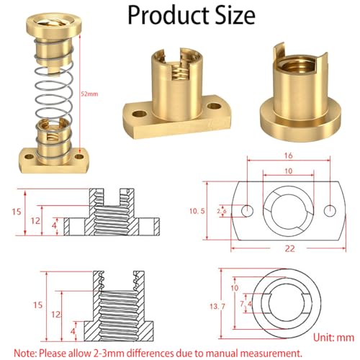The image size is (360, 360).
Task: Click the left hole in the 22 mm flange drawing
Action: point(246,210)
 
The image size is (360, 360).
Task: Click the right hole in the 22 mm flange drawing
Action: point(330,210)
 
